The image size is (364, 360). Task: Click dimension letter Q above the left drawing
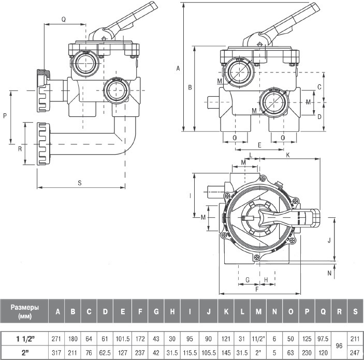[x=63, y=19]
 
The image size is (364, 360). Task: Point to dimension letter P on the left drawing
[x=5, y=116]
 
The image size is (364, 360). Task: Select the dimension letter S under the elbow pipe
[x=80, y=182]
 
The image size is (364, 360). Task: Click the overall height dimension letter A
[x=178, y=68]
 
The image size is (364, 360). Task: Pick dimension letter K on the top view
[x=287, y=155]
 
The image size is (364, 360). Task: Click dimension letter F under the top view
[x=257, y=290]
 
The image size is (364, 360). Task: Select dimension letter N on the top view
[x=329, y=271]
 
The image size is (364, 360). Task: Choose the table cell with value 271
[x=57, y=338]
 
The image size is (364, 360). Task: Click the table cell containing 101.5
[x=123, y=338]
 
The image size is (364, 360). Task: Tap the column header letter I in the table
[x=190, y=311]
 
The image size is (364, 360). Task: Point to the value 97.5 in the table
[x=323, y=338]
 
